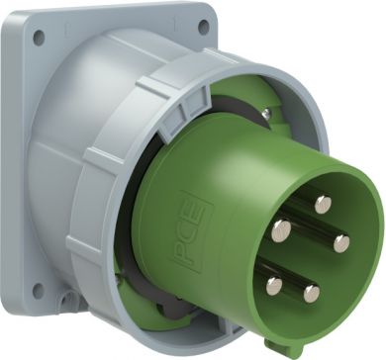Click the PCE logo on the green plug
point(192,231)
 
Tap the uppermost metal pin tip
point(323,205)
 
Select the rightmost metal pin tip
point(341,243)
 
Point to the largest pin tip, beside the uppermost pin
point(281,230)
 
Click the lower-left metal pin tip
point(274,286)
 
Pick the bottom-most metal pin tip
point(312,294)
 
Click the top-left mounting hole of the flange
point(39,38)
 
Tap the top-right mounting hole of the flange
point(204,27)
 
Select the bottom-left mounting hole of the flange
point(39,291)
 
